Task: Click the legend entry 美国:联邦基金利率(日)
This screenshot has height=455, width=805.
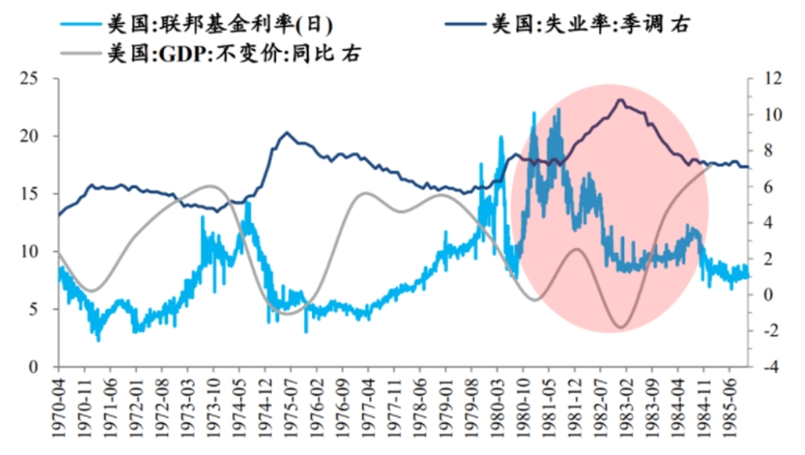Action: pyautogui.click(x=197, y=24)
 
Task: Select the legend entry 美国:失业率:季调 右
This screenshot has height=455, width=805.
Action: pyautogui.click(x=568, y=24)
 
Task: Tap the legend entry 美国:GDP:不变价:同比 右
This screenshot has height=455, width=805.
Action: pyautogui.click(x=211, y=53)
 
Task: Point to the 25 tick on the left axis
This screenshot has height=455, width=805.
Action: pyautogui.click(x=30, y=79)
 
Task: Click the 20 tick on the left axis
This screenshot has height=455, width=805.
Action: pyautogui.click(x=30, y=136)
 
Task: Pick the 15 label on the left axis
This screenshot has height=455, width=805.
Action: pyautogui.click(x=30, y=194)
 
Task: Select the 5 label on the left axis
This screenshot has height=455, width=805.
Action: pyautogui.click(x=34, y=309)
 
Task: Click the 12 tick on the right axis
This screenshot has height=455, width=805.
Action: pyautogui.click(x=773, y=79)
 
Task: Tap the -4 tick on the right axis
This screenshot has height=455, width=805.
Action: pyautogui.click(x=771, y=367)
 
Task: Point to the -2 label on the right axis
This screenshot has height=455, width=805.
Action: pyautogui.click(x=771, y=331)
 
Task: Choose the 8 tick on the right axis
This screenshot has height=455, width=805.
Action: pyautogui.click(x=768, y=151)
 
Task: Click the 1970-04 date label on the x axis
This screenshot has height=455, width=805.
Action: pyautogui.click(x=59, y=408)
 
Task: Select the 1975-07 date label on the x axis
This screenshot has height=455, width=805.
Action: pyautogui.click(x=291, y=408)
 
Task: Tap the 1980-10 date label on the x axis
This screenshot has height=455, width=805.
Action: pyautogui.click(x=523, y=408)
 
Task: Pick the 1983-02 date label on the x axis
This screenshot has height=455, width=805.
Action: pyautogui.click(x=626, y=408)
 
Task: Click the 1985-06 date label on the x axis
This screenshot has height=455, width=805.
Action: pyautogui.click(x=729, y=408)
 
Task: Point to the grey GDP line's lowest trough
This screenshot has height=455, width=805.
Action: pyautogui.click(x=621, y=327)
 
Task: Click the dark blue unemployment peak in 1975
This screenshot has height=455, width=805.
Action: pyautogui.click(x=286, y=132)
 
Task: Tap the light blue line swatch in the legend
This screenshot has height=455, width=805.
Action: pyautogui.click(x=81, y=24)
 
